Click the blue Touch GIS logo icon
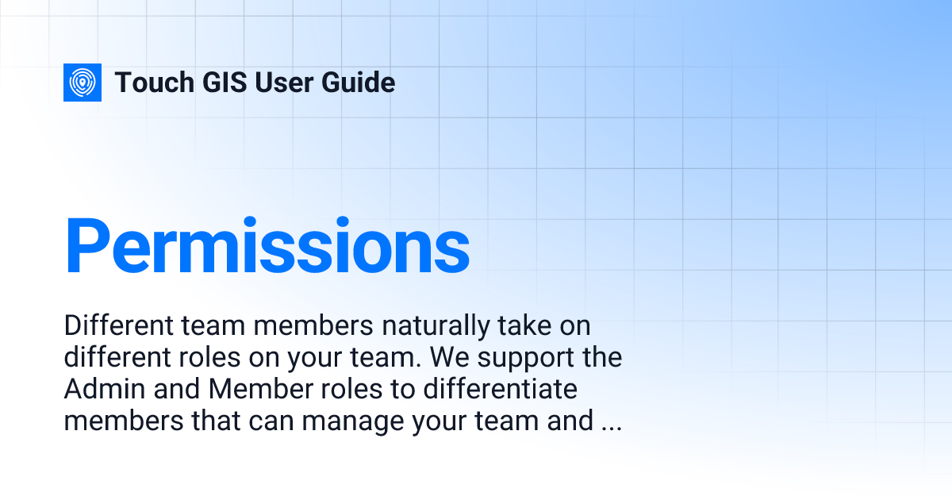(83, 83)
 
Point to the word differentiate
(489, 390)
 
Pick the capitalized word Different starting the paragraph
(107, 326)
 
